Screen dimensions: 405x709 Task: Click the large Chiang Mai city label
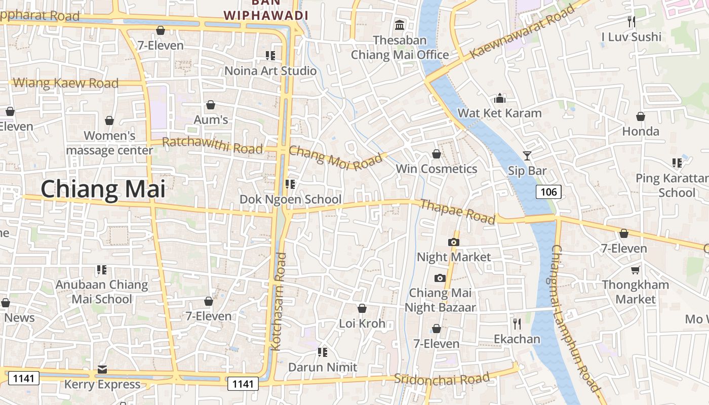pyautogui.click(x=103, y=189)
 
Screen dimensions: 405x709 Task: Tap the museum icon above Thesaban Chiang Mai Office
pyautogui.click(x=400, y=25)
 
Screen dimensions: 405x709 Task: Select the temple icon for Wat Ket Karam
pyautogui.click(x=500, y=98)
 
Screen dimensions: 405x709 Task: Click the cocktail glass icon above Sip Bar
pyautogui.click(x=527, y=155)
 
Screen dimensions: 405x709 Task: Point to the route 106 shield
pyautogui.click(x=548, y=191)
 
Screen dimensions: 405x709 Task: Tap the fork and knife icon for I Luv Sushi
pyautogui.click(x=631, y=21)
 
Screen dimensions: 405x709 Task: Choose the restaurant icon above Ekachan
pyautogui.click(x=517, y=323)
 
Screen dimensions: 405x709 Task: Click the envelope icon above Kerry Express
pyautogui.click(x=102, y=369)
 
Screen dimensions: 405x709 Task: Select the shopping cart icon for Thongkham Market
pyautogui.click(x=635, y=270)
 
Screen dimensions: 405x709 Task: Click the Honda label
pyautogui.click(x=641, y=132)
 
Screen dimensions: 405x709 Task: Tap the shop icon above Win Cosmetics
pyautogui.click(x=436, y=154)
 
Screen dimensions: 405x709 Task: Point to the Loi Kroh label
pyautogui.click(x=362, y=323)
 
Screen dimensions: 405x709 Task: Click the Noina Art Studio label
pyautogui.click(x=270, y=71)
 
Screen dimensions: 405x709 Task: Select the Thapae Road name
pyautogui.click(x=458, y=211)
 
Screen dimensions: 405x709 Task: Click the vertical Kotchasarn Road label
pyautogui.click(x=279, y=302)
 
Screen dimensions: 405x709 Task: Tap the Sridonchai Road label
pyautogui.click(x=442, y=379)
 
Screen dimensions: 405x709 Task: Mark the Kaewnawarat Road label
pyautogui.click(x=522, y=32)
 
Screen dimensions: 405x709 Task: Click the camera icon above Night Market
pyautogui.click(x=454, y=242)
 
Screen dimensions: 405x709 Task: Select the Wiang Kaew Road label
pyautogui.click(x=66, y=83)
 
